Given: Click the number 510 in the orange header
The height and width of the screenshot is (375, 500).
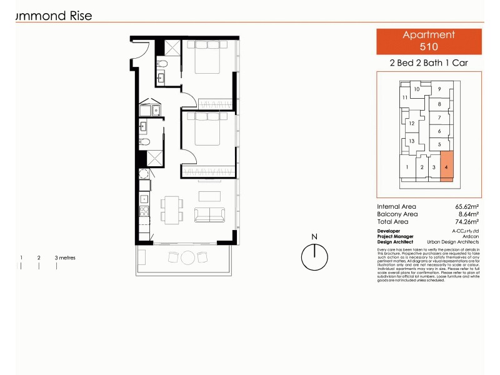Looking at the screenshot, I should (x=429, y=46).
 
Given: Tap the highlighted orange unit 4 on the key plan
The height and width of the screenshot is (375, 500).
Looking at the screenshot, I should (x=446, y=167).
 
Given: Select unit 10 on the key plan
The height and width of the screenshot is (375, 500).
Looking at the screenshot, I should (x=416, y=89).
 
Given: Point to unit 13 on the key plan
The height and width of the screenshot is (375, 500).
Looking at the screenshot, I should (x=412, y=141).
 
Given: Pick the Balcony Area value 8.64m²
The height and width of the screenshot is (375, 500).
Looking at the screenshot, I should (x=468, y=214).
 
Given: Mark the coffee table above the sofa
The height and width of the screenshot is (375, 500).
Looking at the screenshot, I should (x=210, y=195).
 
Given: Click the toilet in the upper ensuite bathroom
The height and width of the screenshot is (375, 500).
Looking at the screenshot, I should (x=161, y=64).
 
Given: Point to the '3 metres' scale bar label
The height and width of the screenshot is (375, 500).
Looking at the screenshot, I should (x=65, y=257).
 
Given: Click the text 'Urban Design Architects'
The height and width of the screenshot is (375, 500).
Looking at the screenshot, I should (x=453, y=242).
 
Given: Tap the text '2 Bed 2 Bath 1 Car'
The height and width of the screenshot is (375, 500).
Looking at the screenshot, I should (x=429, y=63).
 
